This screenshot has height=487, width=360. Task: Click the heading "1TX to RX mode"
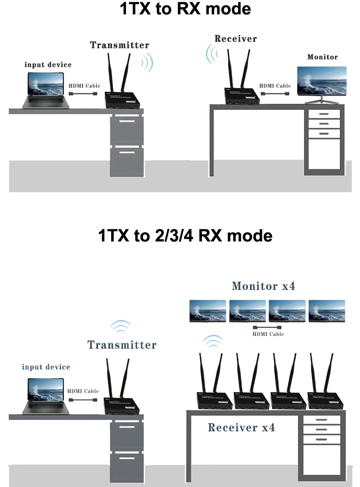(185, 9)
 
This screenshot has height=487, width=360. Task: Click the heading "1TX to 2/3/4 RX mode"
(185, 235)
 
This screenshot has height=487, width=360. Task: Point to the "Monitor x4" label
(263, 286)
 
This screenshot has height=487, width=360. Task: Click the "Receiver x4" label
(241, 427)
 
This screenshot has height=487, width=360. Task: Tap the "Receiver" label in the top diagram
(235, 38)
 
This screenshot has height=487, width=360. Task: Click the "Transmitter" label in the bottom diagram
(122, 345)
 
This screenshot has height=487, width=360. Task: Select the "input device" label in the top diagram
(48, 65)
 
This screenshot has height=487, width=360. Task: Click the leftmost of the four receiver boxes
(213, 399)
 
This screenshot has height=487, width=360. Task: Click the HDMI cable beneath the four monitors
(267, 327)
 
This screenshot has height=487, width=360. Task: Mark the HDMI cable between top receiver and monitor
(274, 94)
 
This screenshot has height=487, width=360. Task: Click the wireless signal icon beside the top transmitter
(146, 63)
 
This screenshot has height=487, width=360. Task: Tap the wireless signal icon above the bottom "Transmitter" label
(121, 326)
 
